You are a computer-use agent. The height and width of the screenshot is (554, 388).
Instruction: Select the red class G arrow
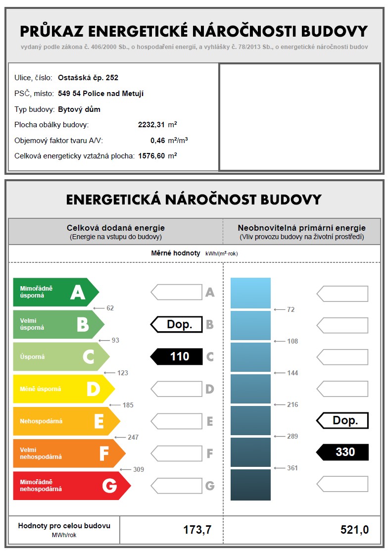tap(71, 486)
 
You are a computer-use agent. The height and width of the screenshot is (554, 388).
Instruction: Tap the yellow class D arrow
tap(63, 389)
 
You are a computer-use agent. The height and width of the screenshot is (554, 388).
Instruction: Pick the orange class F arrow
tap(69, 453)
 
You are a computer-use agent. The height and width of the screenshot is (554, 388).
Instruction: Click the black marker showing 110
tap(176, 356)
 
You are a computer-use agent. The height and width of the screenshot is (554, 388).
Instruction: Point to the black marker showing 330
tap(342, 452)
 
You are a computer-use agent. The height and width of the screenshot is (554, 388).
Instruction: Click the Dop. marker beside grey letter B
tap(177, 324)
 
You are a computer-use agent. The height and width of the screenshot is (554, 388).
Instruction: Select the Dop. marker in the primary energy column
tap(342, 420)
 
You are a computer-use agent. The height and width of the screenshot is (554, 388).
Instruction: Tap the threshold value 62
tap(110, 308)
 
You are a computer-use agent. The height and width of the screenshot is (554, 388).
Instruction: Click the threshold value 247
tap(133, 437)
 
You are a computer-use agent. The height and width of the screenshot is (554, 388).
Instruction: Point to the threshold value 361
tap(292, 468)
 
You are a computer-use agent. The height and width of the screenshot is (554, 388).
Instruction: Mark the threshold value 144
tap(292, 373)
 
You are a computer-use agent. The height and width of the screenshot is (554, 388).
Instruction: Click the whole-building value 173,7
tap(197, 530)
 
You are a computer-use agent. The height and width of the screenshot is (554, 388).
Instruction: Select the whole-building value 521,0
tap(354, 530)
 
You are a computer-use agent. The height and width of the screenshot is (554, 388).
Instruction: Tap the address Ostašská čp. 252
tap(88, 78)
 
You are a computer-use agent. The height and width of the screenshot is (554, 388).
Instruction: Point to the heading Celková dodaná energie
tap(116, 228)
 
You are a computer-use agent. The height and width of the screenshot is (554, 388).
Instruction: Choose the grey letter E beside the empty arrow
tap(210, 421)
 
